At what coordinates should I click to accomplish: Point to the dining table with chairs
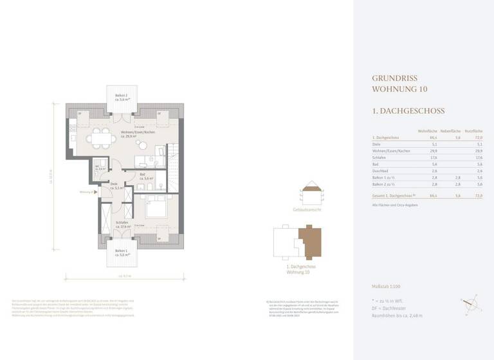(99, 137)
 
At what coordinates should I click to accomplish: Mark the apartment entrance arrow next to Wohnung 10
(95, 192)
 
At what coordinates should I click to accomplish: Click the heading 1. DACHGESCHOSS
(408, 111)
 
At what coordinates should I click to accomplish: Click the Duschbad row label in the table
(381, 171)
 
